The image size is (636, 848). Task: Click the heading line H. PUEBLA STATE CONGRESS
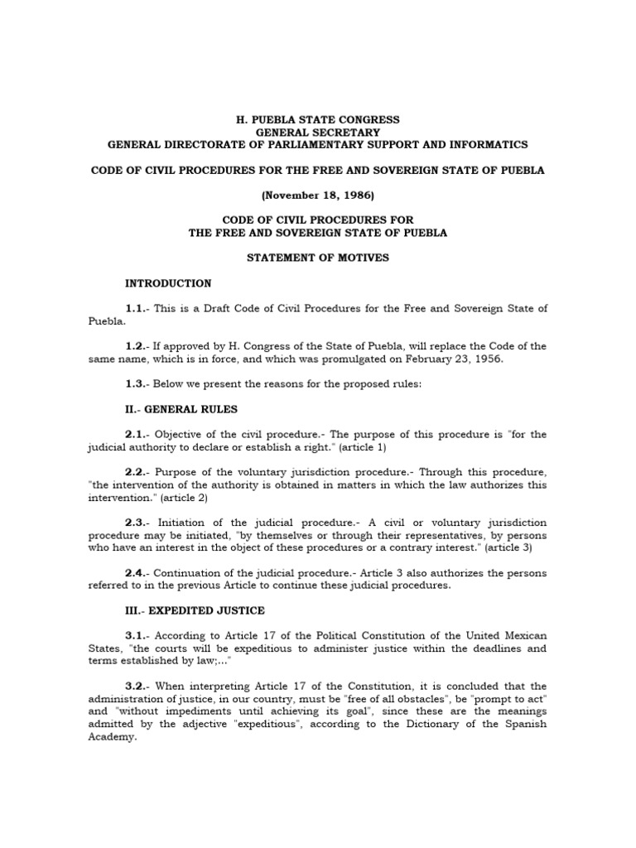(x=318, y=119)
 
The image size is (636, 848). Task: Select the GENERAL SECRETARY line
(x=318, y=132)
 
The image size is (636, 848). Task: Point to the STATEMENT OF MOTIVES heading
(x=318, y=258)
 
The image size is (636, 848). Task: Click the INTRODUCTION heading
(x=167, y=283)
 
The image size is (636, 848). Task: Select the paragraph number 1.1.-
(x=137, y=309)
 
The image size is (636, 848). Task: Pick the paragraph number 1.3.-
(x=137, y=384)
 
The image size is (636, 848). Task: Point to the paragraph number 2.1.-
(x=137, y=435)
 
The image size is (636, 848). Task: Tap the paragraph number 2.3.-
(x=137, y=523)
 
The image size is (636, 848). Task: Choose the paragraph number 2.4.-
(x=137, y=573)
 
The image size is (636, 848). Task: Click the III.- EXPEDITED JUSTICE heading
(x=194, y=610)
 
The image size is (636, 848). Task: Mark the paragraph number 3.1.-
(x=137, y=636)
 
